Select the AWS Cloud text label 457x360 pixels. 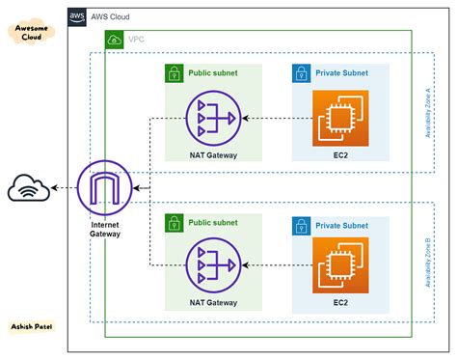tap(110, 17)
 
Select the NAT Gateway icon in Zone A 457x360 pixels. tap(213, 118)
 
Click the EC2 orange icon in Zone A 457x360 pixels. tap(340, 118)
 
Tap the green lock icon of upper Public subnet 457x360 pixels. tap(174, 73)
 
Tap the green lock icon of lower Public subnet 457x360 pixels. tap(174, 222)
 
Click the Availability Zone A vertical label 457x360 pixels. tap(427, 110)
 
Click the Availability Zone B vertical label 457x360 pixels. tap(427, 262)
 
